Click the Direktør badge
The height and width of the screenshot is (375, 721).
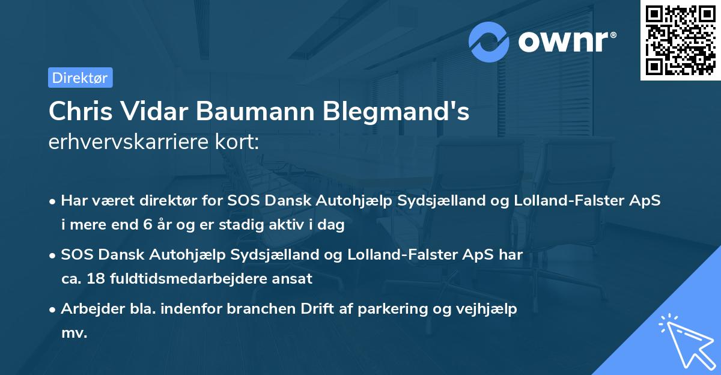pyautogui.click(x=80, y=78)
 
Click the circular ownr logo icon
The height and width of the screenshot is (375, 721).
pyautogui.click(x=489, y=41)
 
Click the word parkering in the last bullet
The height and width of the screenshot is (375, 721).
pyautogui.click(x=434, y=309)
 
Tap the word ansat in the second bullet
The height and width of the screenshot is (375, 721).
pyautogui.click(x=295, y=279)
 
